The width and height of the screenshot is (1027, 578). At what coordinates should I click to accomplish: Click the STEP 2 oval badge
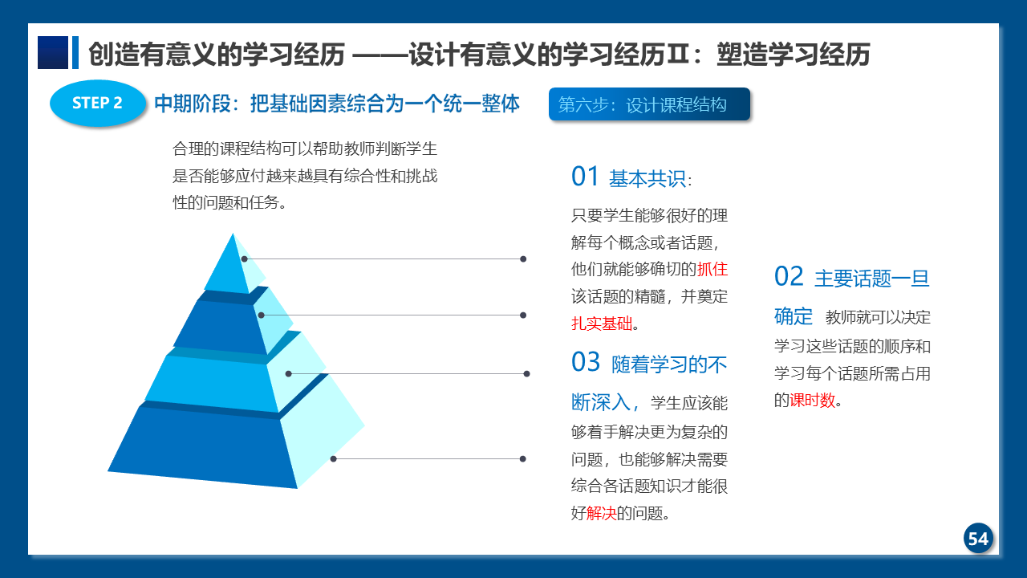98,103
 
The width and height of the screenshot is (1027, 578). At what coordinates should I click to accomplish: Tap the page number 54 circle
978,538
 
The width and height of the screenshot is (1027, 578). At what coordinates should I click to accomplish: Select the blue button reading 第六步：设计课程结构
649,104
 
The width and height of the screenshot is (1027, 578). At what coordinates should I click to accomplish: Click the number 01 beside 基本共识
585,176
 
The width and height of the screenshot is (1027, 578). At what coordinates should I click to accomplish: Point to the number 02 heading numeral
789,276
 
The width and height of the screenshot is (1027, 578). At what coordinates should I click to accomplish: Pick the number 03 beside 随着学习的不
586,361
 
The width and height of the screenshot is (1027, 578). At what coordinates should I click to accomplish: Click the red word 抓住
712,269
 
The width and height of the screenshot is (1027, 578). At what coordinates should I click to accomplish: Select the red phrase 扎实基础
602,324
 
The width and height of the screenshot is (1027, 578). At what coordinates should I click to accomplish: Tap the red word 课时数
813,401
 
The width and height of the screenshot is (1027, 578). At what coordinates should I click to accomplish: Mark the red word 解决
601,513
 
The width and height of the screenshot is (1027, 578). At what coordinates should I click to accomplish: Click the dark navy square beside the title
53,52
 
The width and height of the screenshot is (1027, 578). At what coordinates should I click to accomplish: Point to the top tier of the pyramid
233,266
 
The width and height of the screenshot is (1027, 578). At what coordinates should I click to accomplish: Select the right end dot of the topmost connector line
523,259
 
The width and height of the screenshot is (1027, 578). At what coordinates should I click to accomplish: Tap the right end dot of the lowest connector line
522,458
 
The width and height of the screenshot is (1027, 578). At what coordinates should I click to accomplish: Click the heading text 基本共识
647,178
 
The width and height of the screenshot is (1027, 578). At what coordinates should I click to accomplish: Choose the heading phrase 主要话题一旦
871,279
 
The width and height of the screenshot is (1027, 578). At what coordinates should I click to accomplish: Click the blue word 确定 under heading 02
794,316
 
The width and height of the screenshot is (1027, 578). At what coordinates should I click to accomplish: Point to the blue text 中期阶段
193,104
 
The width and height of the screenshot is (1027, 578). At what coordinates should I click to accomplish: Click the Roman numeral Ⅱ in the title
678,54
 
